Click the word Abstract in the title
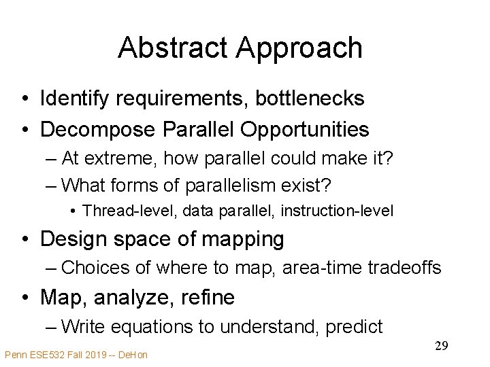(173, 48)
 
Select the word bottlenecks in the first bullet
(310, 99)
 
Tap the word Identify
(75, 99)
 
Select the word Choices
(96, 268)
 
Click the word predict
(355, 327)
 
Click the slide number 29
(441, 346)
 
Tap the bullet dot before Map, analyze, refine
(24, 298)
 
